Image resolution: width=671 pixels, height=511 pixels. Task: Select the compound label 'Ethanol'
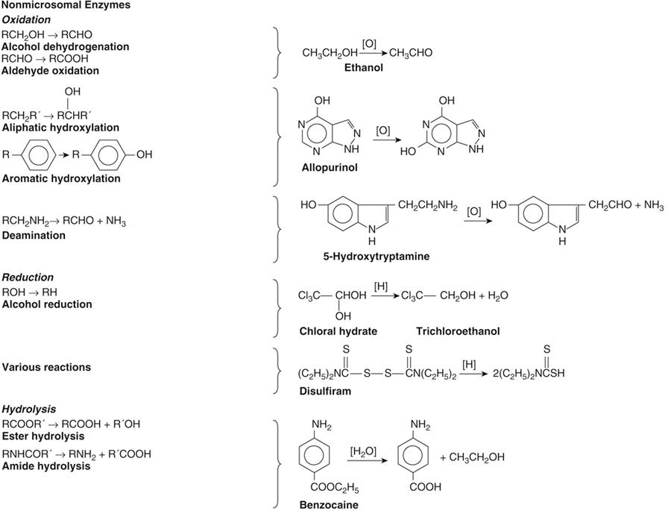pyautogui.click(x=364, y=68)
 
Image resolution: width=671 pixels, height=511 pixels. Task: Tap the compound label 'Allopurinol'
pyautogui.click(x=330, y=167)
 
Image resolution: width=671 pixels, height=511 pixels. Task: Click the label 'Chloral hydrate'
pyautogui.click(x=338, y=331)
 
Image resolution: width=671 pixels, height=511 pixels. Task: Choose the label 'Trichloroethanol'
pyautogui.click(x=459, y=331)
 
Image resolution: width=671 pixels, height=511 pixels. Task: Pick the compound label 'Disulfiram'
pyautogui.click(x=325, y=390)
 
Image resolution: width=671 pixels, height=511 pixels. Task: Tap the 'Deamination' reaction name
pyautogui.click(x=34, y=236)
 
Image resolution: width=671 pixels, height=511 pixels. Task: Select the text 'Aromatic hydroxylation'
pyautogui.click(x=61, y=179)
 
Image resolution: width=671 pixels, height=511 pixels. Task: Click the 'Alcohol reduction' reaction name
pyautogui.click(x=47, y=304)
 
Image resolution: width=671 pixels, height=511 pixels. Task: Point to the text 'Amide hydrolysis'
pyautogui.click(x=46, y=466)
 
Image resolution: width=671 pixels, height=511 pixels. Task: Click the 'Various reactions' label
pyautogui.click(x=46, y=367)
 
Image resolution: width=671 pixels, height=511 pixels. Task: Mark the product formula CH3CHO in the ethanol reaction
pyautogui.click(x=411, y=53)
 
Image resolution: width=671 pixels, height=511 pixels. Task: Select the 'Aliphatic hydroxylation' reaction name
pyautogui.click(x=60, y=128)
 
